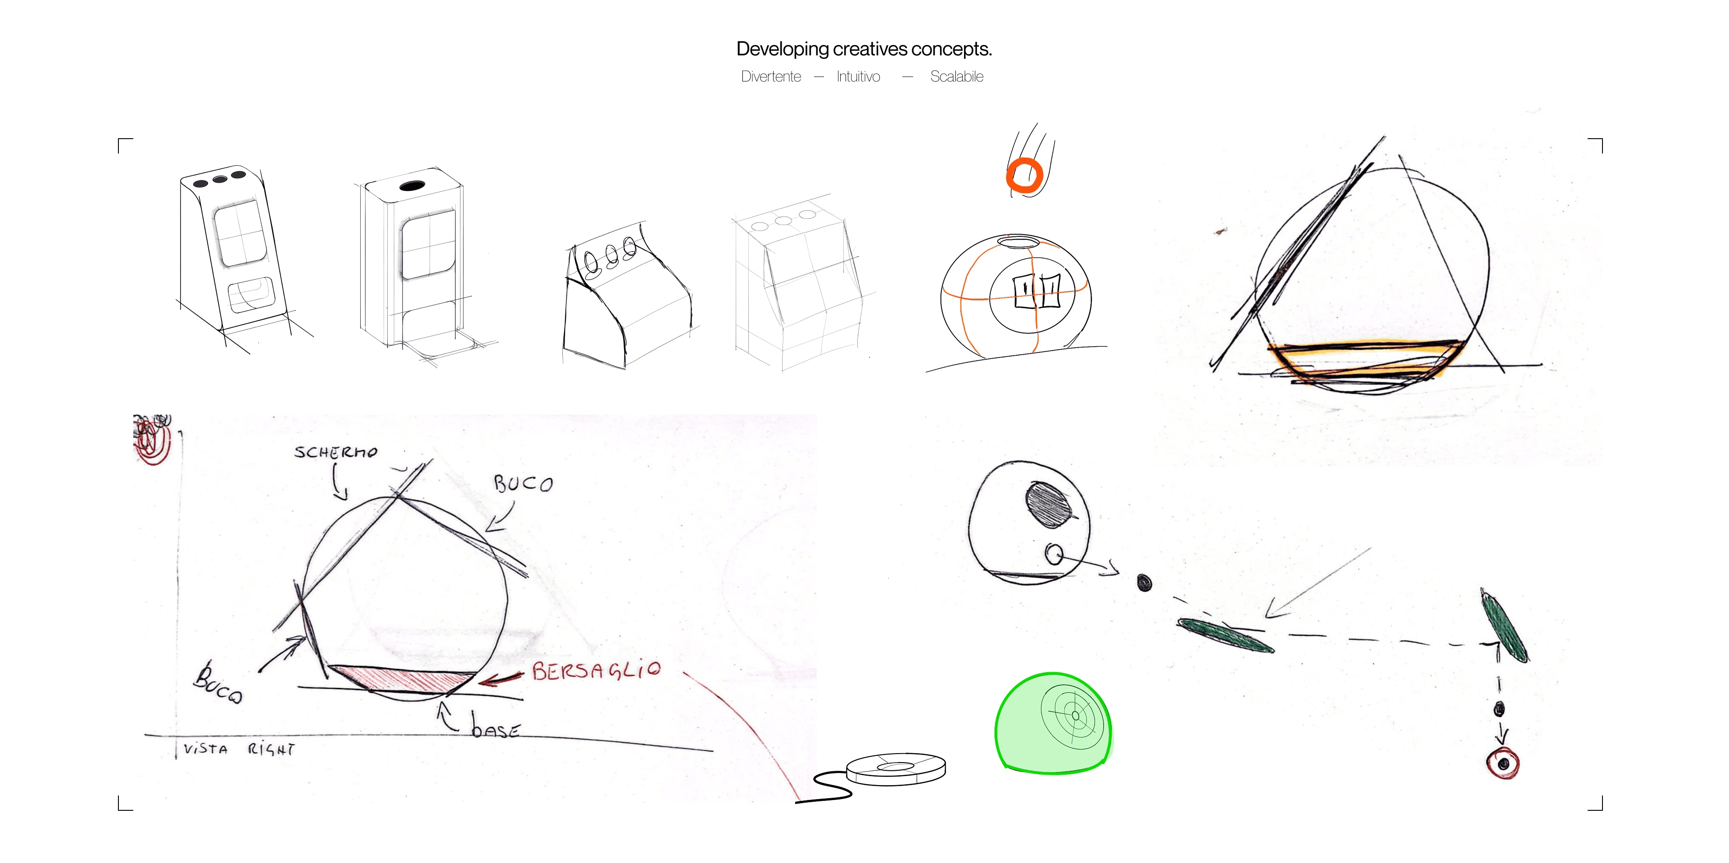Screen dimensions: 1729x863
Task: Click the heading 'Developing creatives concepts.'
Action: coord(864,49)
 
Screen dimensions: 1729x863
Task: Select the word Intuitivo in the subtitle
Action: coord(858,77)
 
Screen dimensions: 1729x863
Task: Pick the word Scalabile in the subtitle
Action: coord(956,77)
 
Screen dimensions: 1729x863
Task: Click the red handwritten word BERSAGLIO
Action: coord(596,670)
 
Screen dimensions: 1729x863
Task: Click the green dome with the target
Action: coord(1052,723)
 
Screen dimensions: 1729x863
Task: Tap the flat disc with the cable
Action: coord(896,768)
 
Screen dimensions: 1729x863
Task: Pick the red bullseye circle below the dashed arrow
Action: coord(1503,764)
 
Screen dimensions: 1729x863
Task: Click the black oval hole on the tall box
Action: coord(412,185)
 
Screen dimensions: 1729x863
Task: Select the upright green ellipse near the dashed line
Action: coord(1504,625)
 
